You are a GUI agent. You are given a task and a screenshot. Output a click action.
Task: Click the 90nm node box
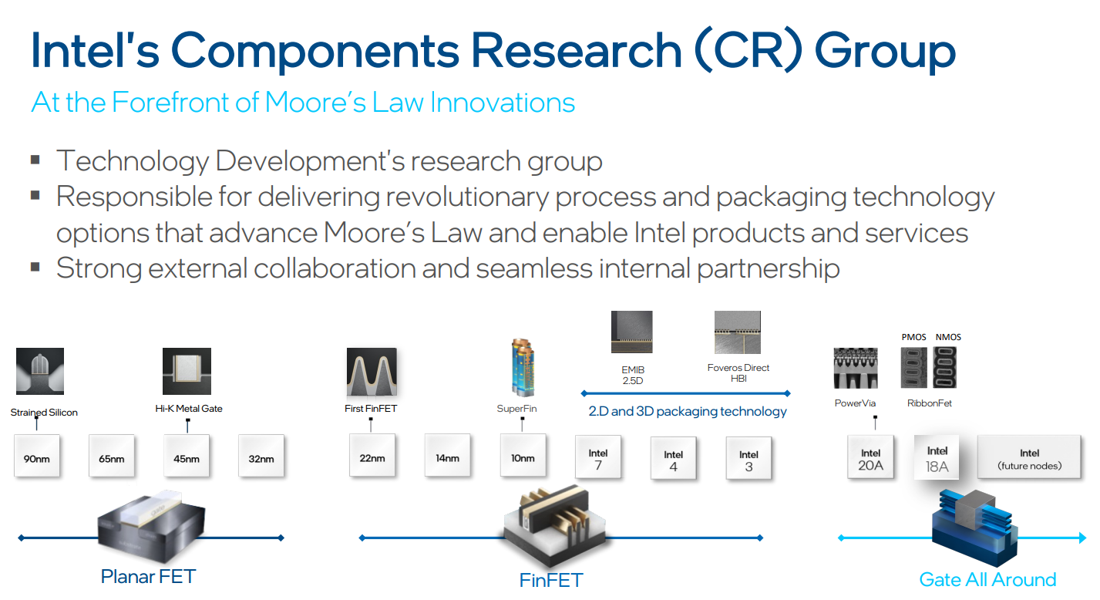click(x=37, y=456)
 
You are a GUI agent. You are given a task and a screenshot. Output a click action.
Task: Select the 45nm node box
click(x=187, y=456)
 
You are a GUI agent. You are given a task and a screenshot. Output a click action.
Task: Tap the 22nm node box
click(x=372, y=455)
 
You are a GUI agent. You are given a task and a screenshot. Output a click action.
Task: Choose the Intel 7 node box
click(x=598, y=457)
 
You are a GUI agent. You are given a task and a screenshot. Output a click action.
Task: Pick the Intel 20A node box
click(x=870, y=457)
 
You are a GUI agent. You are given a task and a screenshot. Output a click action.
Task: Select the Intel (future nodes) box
click(x=1029, y=457)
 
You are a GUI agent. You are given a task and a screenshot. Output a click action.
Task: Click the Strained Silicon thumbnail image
click(x=40, y=372)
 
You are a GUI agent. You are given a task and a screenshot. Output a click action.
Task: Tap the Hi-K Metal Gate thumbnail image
click(x=187, y=372)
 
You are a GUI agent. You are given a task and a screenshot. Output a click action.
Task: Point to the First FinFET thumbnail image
click(x=372, y=372)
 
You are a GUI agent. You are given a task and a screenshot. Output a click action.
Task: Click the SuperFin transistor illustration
click(x=523, y=367)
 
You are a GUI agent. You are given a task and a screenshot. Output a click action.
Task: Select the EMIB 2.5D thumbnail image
click(x=632, y=332)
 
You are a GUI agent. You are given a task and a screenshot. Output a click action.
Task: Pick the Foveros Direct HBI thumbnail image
click(x=738, y=332)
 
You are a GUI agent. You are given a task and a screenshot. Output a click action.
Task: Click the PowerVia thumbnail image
click(x=856, y=368)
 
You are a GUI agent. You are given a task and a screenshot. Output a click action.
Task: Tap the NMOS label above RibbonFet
click(x=948, y=337)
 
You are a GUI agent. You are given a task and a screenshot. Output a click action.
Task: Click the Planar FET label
click(x=148, y=576)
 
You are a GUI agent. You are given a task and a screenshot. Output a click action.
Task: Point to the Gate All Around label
click(x=987, y=580)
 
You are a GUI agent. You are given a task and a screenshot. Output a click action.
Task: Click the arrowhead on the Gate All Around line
click(x=1082, y=538)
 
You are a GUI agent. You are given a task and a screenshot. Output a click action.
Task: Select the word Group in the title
click(x=886, y=52)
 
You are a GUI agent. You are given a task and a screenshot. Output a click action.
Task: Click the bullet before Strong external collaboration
click(x=35, y=267)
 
